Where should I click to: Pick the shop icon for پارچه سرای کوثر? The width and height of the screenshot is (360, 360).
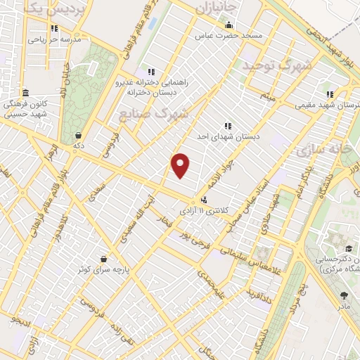pyautogui.click(x=104, y=258)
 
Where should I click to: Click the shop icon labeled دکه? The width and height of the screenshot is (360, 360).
pyautogui.click(x=77, y=135)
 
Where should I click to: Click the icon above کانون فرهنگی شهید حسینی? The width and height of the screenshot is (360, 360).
pyautogui.click(x=25, y=93)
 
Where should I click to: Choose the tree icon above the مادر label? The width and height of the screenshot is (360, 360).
pyautogui.click(x=344, y=295)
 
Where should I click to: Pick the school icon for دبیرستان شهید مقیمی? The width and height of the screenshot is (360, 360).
pyautogui.click(x=329, y=94)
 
